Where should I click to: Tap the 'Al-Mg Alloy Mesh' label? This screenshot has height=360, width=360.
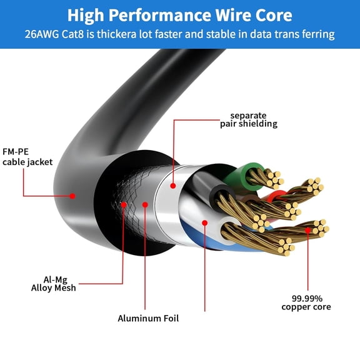(54, 283)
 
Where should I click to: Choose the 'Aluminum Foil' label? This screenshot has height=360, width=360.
(148, 318)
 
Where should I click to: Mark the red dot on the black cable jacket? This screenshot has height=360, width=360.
(72, 196)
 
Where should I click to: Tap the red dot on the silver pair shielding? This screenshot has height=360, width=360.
(173, 184)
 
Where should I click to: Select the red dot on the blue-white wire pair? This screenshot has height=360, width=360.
(204, 222)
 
